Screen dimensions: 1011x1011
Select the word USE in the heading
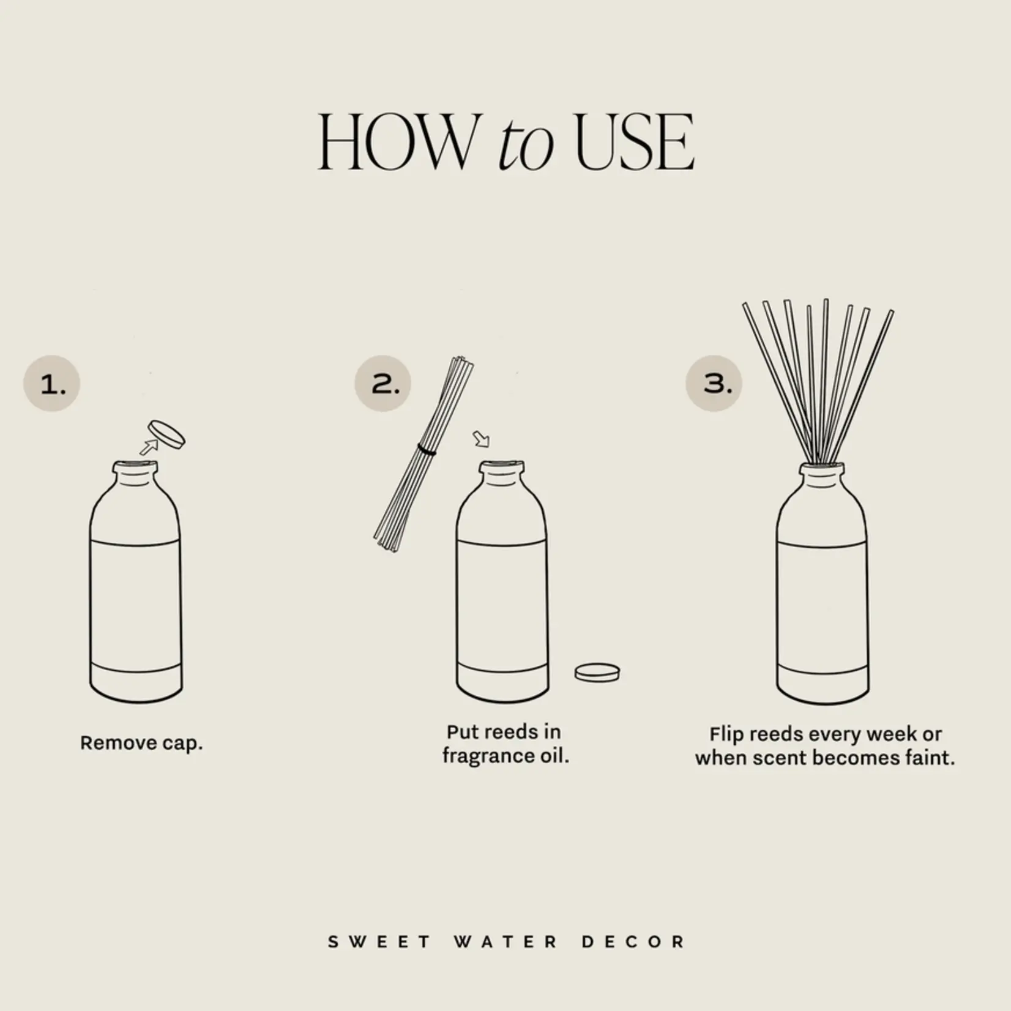[635, 142]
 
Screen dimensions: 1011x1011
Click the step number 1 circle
[52, 384]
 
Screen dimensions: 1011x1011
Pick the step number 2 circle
[383, 384]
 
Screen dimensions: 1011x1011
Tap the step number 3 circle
[714, 383]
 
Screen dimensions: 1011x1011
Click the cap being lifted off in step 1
[166, 435]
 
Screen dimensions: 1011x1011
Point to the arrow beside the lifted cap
[147, 447]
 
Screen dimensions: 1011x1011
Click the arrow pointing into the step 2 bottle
[482, 439]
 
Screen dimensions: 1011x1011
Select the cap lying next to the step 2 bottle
[597, 673]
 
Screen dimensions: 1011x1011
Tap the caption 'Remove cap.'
[141, 743]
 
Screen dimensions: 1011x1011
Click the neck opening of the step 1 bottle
[135, 466]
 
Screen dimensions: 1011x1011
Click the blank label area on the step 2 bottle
[502, 603]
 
